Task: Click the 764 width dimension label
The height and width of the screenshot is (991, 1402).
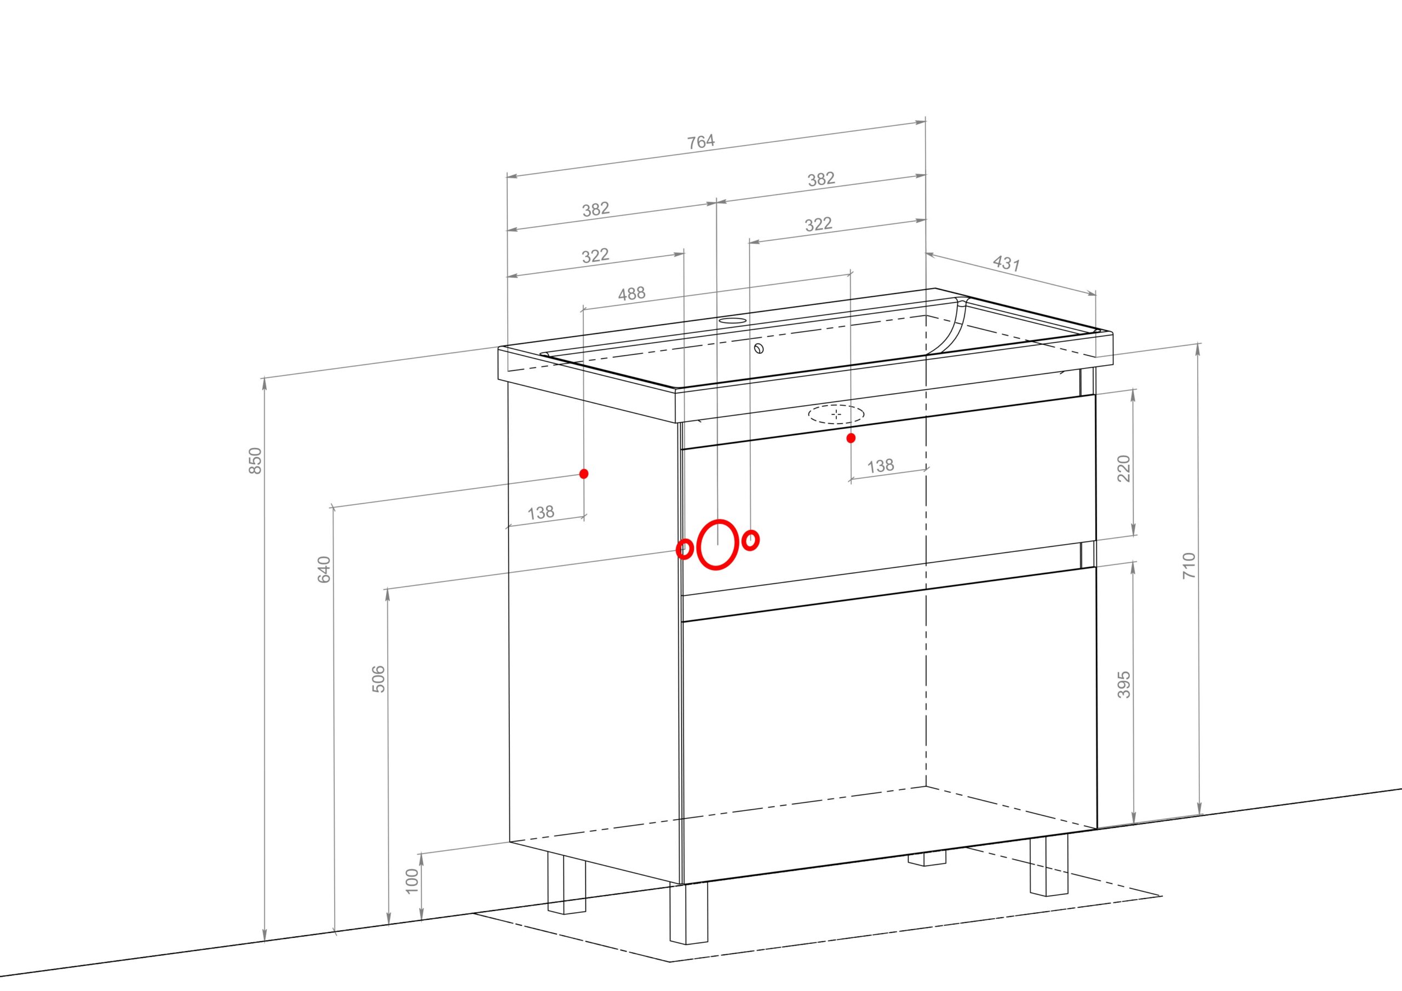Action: (x=701, y=142)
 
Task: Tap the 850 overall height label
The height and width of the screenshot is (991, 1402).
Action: (x=256, y=460)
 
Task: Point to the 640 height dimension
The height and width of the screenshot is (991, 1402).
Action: (x=324, y=569)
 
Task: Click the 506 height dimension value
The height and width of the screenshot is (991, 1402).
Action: (x=378, y=678)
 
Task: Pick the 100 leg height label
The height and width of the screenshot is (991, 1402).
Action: (x=412, y=880)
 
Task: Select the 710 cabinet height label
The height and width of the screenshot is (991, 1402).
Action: (x=1190, y=566)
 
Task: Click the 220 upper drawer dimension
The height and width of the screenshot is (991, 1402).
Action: (x=1124, y=468)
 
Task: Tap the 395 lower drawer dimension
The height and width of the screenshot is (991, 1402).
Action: (x=1124, y=684)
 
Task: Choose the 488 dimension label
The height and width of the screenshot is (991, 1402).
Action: (x=631, y=293)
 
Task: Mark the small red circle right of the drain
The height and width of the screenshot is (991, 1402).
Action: (x=751, y=540)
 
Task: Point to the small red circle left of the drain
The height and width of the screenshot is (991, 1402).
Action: (x=685, y=549)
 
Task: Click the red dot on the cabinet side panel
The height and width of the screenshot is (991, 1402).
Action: (x=584, y=473)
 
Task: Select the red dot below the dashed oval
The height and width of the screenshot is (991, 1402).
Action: (x=851, y=438)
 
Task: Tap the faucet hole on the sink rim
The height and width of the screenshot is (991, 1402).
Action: (x=732, y=320)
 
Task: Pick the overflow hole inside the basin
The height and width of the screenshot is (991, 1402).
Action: (x=759, y=349)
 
